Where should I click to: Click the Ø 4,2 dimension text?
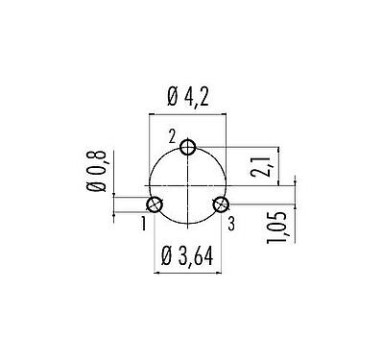(x=189, y=96)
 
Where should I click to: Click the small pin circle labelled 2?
(x=189, y=147)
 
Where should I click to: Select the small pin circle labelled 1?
(x=155, y=204)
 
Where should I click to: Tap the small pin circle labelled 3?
(x=223, y=204)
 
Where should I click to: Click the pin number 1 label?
(x=143, y=224)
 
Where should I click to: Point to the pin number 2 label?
(x=172, y=139)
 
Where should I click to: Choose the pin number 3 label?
(x=231, y=224)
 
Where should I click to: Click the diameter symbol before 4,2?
(x=172, y=96)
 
